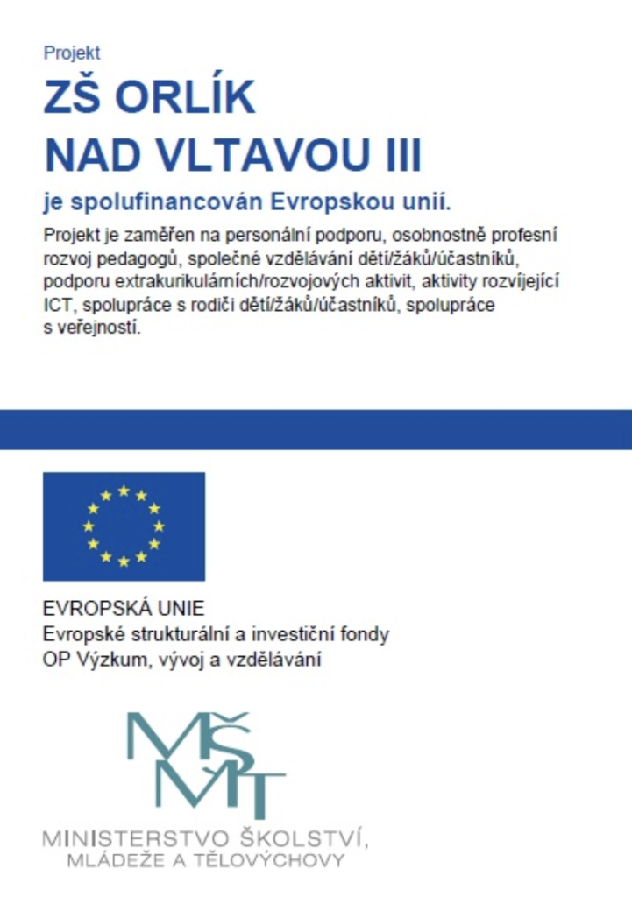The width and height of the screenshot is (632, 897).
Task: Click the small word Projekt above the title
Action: coord(72,53)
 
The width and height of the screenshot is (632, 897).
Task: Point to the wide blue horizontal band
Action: coord(316,429)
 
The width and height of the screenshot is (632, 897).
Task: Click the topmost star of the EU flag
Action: coord(124,491)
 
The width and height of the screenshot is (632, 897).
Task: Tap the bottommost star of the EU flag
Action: coord(124,562)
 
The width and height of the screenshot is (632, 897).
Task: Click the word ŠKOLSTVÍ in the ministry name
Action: coord(304,837)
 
